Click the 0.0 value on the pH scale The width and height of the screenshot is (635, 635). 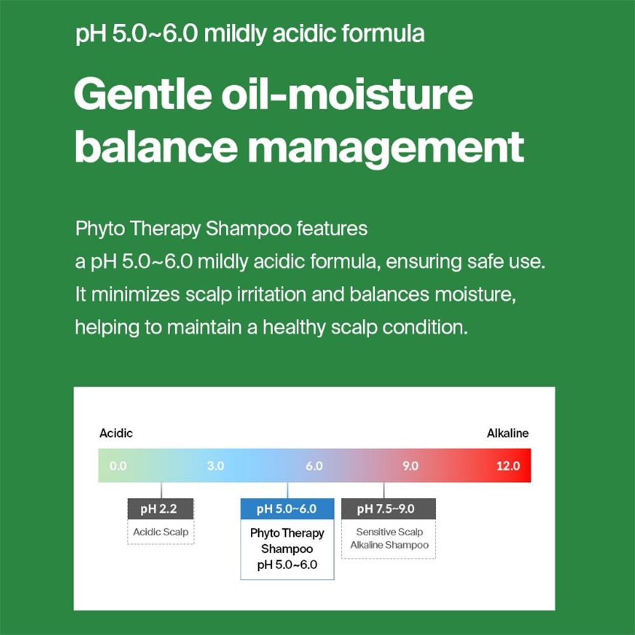[118, 466]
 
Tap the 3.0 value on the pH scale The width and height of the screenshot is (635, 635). [216, 466]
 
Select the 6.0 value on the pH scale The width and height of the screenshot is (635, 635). [314, 466]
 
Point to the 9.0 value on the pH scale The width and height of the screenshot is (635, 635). [410, 466]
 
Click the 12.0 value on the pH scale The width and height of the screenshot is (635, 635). [508, 466]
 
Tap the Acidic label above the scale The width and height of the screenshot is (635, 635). [116, 433]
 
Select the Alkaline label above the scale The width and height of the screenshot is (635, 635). [507, 433]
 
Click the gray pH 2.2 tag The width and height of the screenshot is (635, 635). [161, 509]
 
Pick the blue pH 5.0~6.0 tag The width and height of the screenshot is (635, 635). [287, 509]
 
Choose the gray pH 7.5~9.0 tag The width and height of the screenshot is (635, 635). [388, 509]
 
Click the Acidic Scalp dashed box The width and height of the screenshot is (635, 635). [161, 532]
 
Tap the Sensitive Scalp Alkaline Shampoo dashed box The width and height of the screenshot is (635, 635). [389, 539]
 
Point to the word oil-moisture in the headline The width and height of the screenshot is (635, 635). [352, 95]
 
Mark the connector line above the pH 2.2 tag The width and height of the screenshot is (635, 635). [161, 490]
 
